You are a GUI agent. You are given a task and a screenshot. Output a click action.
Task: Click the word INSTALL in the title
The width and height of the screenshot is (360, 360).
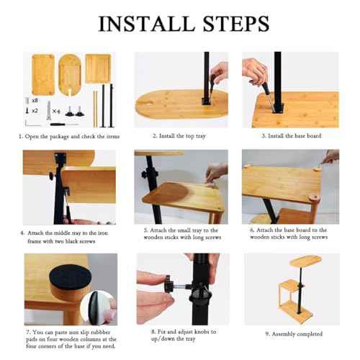coord(146,24)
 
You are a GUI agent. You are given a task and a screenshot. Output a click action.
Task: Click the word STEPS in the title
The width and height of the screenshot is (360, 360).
coord(236,24)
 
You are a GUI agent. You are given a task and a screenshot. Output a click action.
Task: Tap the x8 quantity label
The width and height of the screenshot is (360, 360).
coord(35,101)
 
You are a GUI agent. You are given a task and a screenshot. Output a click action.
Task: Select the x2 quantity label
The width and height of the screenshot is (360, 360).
coord(35,111)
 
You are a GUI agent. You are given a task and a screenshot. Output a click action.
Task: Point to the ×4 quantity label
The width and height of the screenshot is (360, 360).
coord(56,112)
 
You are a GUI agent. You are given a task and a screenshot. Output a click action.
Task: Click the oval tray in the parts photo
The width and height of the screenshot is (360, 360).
coord(70,75)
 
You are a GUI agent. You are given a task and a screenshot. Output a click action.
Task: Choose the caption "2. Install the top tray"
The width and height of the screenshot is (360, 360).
coord(179,136)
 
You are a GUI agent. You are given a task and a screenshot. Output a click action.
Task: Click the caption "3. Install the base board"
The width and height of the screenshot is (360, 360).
coord(292,136)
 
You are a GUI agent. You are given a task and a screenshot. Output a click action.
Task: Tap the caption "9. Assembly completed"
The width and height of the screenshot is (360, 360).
coord(294,334)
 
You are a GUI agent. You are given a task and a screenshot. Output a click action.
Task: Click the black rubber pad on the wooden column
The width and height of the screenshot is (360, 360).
coord(70,276)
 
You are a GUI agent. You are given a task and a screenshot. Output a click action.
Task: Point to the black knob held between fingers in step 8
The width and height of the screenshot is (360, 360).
coord(168,284)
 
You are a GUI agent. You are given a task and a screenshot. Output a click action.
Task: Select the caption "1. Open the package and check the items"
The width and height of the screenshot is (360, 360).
coord(69,136)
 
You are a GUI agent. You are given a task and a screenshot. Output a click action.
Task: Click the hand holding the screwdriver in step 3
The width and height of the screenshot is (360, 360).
coord(254,71)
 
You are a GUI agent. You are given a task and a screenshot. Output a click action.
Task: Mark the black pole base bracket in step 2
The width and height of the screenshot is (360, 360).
coord(206,102)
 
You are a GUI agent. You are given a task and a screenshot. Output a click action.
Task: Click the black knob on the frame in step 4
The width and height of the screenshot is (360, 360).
coord(53,176)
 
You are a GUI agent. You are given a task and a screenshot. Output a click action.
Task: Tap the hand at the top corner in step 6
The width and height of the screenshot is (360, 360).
coord(330,156)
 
